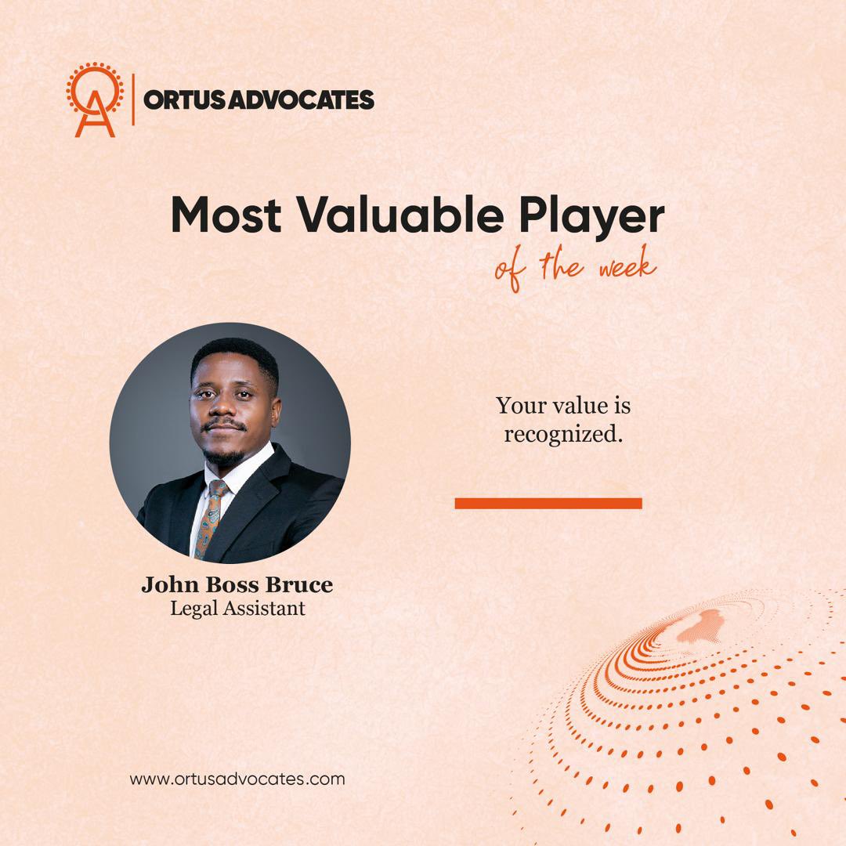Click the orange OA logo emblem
[95, 100]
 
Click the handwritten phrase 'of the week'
[574, 269]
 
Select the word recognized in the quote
[562, 434]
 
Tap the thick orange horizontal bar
[548, 503]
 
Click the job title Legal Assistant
[237, 608]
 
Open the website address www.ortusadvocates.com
[237, 779]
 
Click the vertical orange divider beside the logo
[133, 99]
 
